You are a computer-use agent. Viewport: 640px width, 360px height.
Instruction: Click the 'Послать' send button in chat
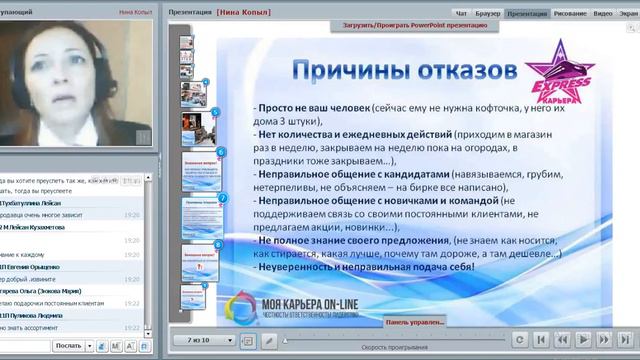pos(70,345)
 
